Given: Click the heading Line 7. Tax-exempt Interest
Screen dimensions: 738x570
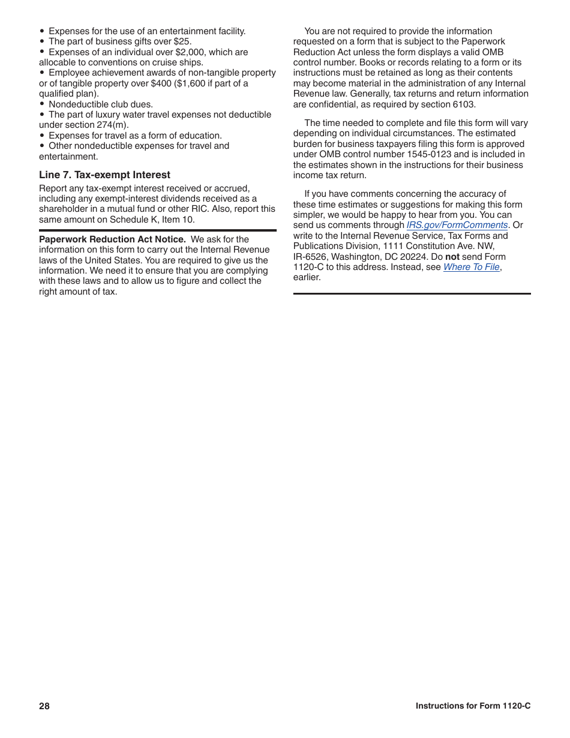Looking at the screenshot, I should (x=104, y=175).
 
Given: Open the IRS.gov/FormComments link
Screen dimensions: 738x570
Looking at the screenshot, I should (x=457, y=225).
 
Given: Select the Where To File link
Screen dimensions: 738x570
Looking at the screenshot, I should (x=471, y=267).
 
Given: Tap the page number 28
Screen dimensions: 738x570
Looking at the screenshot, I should (x=44, y=706).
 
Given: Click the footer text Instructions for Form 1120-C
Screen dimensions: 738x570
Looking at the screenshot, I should (x=473, y=706).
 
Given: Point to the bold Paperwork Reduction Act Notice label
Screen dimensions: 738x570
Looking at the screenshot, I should (x=112, y=239).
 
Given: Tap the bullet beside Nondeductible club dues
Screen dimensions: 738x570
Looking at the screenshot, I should (x=42, y=104).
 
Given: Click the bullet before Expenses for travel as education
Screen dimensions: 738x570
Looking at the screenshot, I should (x=42, y=136).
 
